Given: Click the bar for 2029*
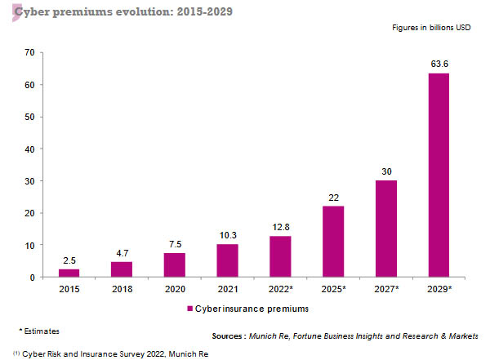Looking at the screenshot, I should click(439, 176).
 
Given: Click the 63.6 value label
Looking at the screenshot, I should click(439, 63).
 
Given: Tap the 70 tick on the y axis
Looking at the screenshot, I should click(29, 53).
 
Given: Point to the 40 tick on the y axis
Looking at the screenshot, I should click(29, 149).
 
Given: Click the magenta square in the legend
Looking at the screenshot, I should click(189, 309).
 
